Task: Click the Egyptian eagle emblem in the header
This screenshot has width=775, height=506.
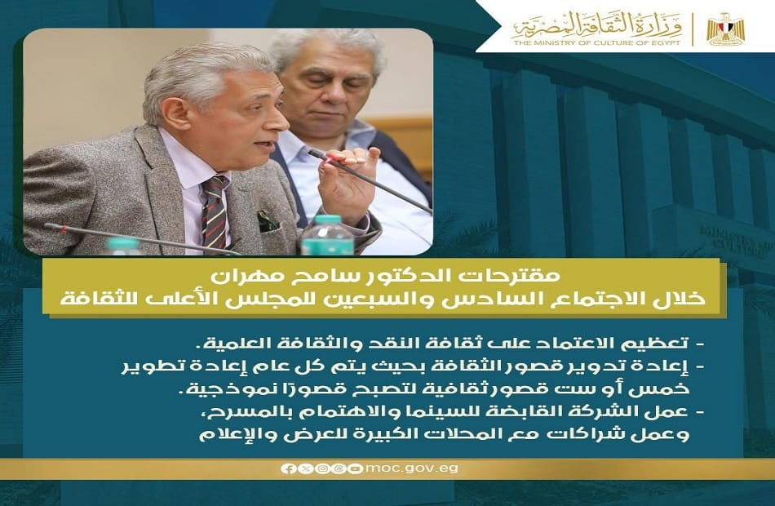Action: (x=724, y=29)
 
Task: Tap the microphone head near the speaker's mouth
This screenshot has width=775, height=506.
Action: (x=315, y=153)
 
